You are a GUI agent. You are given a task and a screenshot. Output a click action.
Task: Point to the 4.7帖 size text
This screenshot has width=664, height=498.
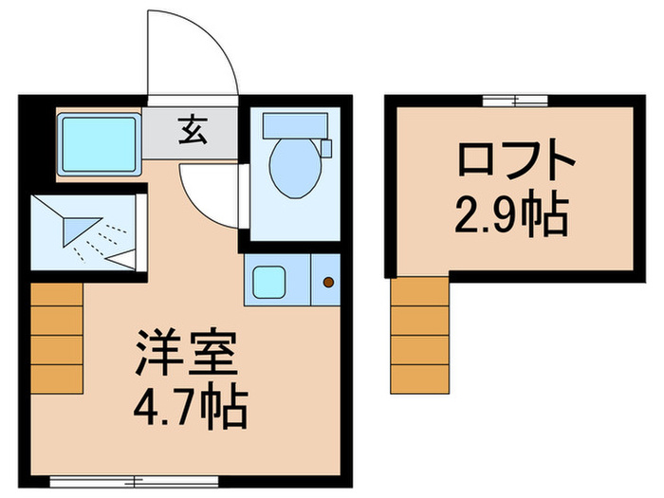[189, 410]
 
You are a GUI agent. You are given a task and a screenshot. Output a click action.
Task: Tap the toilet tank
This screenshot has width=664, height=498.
[294, 124]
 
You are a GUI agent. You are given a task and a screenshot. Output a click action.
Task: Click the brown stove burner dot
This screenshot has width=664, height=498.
[329, 282]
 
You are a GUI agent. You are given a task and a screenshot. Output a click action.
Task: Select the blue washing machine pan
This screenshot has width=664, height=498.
[99, 143]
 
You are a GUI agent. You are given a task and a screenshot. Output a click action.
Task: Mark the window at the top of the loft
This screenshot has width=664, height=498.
[514, 100]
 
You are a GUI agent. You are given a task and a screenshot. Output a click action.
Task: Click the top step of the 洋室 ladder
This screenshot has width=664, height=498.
[57, 294]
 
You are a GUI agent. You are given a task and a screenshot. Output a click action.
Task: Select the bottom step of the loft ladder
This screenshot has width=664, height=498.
[420, 378]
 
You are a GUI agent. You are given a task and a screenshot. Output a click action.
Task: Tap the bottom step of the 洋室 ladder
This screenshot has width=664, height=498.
[57, 377]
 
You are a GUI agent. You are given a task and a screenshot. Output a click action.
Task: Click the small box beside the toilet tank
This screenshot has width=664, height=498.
[326, 148]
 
